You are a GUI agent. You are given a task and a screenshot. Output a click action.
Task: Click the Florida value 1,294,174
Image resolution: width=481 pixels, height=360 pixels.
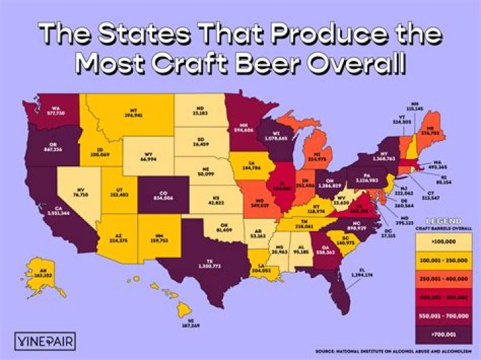363,275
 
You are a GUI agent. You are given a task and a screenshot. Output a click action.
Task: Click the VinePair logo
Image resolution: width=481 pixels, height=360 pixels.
43,341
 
